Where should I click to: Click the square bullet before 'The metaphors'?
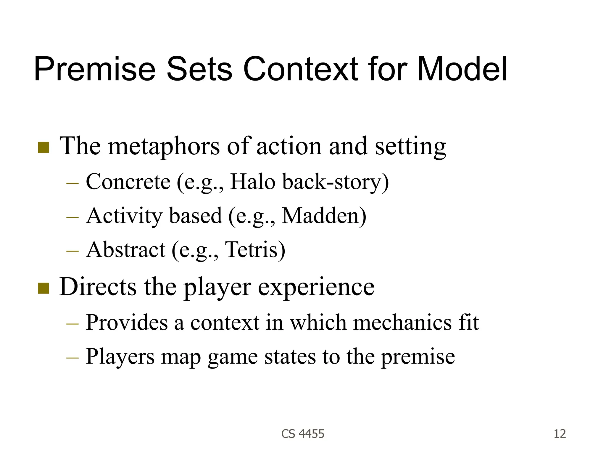tap(43, 148)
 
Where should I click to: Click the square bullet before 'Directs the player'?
tap(43, 288)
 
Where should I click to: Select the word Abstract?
tap(126, 249)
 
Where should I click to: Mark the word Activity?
tap(124, 215)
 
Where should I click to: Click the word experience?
tap(316, 287)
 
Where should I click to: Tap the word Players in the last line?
tap(120, 356)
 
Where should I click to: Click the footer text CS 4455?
tap(303, 434)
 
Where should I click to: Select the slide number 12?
tap(560, 434)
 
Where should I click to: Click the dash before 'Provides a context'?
tap(72, 323)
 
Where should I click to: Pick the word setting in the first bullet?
tap(410, 147)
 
